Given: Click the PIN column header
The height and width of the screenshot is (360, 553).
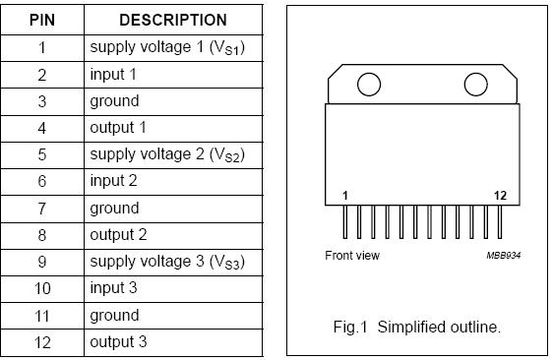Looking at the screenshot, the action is point(42,20).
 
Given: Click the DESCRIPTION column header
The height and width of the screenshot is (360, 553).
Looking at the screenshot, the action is point(172,20).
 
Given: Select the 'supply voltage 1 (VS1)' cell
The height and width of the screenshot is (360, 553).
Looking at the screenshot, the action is point(166,47).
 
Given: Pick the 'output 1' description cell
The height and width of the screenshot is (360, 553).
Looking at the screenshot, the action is point(118,127).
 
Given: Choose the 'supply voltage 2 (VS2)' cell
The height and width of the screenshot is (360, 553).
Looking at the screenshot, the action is point(166,154).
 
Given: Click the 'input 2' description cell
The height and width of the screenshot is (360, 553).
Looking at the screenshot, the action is point(114,181).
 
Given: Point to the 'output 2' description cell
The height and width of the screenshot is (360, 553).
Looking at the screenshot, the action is point(118,234).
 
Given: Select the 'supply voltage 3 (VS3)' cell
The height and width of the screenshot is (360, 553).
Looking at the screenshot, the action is point(166,262).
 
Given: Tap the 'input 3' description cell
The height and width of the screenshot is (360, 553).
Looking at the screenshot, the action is point(114,288).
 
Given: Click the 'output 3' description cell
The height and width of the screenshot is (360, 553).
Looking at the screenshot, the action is point(118,342).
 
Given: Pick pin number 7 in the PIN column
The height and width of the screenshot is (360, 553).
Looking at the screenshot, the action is point(42,208).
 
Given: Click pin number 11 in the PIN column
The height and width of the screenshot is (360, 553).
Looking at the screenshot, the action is point(42,315).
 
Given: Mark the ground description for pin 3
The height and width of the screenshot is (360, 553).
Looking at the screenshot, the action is point(114,100).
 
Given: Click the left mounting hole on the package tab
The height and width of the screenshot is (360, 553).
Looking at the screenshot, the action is point(368,85).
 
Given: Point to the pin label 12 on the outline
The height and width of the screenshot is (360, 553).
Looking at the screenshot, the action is point(500,196).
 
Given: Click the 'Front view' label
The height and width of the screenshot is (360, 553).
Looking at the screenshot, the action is point(352,256).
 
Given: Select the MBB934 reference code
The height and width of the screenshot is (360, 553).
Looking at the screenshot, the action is point(502,256).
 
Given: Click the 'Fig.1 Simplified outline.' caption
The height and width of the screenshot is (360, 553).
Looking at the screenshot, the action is point(417,328).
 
